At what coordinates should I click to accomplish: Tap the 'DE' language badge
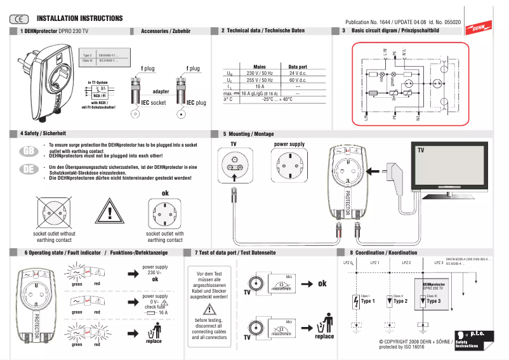pyautogui.click(x=28, y=169)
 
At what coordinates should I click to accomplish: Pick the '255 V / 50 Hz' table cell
pyautogui.click(x=259, y=81)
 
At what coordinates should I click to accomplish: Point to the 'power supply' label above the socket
pyautogui.click(x=289, y=144)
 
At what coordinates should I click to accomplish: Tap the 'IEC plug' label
pyautogui.click(x=196, y=102)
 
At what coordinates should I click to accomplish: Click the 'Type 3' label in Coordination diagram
pyautogui.click(x=433, y=301)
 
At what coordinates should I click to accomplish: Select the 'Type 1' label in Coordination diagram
pyautogui.click(x=368, y=301)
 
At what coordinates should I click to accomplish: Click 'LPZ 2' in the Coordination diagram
pyautogui.click(x=406, y=262)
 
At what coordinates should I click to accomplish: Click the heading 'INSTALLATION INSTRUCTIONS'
pyautogui.click(x=79, y=19)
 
